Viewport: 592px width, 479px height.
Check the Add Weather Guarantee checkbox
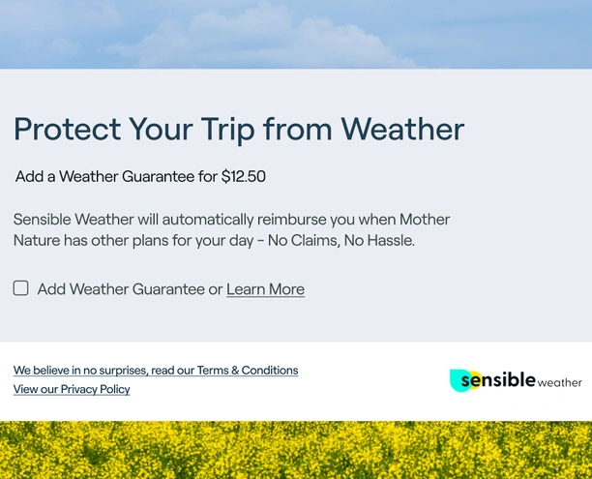click(20, 287)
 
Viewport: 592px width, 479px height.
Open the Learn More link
click(265, 289)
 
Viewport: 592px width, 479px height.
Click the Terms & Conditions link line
click(156, 371)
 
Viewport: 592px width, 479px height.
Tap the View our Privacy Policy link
click(72, 389)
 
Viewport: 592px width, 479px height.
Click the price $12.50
click(244, 176)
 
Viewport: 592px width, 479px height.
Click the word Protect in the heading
click(67, 129)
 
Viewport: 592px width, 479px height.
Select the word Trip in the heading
click(227, 131)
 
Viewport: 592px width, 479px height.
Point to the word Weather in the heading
click(402, 129)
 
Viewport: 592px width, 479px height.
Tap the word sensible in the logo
click(498, 379)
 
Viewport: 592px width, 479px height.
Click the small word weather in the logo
click(559, 382)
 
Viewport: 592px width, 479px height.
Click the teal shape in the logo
click(459, 380)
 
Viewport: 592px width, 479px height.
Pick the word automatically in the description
click(208, 220)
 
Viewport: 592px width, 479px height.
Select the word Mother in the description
click(425, 220)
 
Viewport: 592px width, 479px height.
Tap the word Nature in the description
click(37, 240)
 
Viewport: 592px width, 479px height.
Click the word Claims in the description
click(314, 241)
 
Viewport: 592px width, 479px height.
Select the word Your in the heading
click(161, 129)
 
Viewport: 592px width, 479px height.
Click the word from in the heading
click(298, 129)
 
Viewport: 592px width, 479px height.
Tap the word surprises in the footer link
click(123, 371)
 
